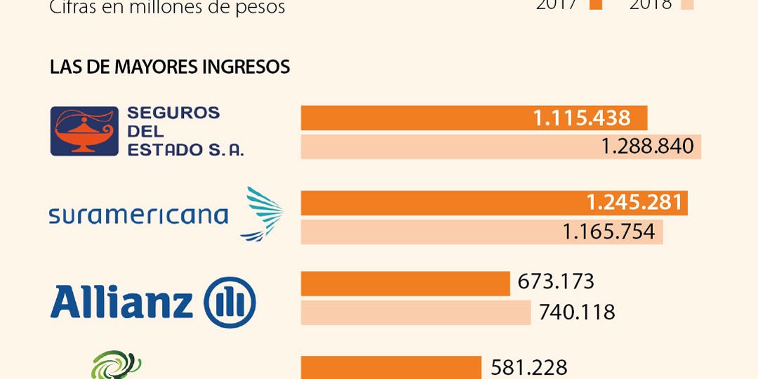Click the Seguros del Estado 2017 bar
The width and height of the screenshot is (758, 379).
click(414, 118)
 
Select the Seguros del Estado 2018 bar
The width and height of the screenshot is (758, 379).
click(449, 147)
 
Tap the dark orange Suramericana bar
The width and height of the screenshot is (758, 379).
click(442, 203)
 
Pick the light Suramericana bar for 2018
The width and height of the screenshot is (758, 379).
click(428, 232)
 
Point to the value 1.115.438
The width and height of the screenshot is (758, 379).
click(582, 118)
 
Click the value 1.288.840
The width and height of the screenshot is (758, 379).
click(647, 147)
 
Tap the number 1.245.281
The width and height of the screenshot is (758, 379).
click(634, 203)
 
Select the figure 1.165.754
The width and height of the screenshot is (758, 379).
click(609, 232)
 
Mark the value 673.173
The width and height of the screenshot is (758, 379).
click(556, 282)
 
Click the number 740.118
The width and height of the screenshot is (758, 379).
click(577, 312)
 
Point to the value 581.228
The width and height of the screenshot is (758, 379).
click(528, 368)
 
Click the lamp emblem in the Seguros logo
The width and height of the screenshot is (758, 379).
click(84, 131)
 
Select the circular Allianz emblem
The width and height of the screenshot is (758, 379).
click(230, 302)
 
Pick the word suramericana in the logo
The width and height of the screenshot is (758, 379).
click(138, 215)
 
